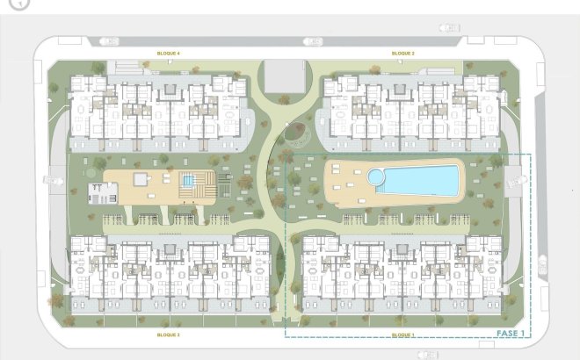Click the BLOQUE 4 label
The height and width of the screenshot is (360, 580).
pyautogui.click(x=168, y=54)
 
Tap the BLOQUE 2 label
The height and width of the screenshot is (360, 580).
pyautogui.click(x=403, y=54)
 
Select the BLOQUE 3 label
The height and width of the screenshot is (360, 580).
pyautogui.click(x=168, y=335)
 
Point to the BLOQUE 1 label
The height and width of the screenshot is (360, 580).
pyautogui.click(x=402, y=335)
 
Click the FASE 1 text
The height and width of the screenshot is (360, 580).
pyautogui.click(x=510, y=334)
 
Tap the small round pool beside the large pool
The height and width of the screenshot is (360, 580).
pyautogui.click(x=376, y=177)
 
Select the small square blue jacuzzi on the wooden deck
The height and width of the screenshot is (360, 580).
pyautogui.click(x=188, y=181)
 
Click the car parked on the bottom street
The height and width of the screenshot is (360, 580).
pyautogui.click(x=428, y=354)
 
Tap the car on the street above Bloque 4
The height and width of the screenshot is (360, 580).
pyautogui.click(x=109, y=41)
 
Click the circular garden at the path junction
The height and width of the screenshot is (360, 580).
pyautogui.click(x=296, y=133)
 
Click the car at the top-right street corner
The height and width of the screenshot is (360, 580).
pyautogui.click(x=451, y=28)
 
